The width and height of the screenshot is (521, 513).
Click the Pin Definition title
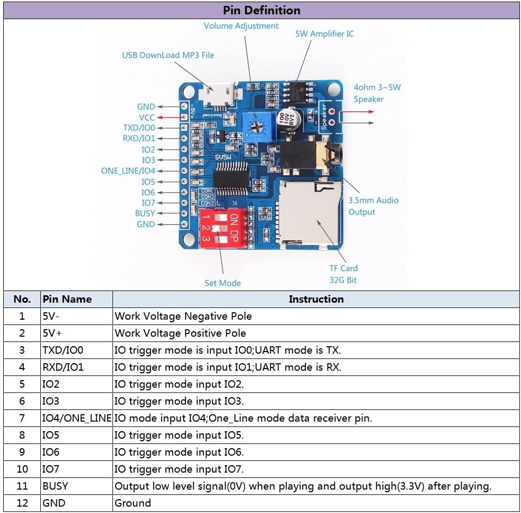pyautogui.click(x=261, y=10)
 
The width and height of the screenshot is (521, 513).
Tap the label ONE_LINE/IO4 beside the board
pyautogui.click(x=128, y=171)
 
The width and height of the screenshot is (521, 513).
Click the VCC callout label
pyautogui.click(x=146, y=117)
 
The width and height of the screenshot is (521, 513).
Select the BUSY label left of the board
pyautogui.click(x=145, y=213)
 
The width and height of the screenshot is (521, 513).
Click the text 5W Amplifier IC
pyautogui.click(x=324, y=33)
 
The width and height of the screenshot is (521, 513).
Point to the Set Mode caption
pyautogui.click(x=222, y=283)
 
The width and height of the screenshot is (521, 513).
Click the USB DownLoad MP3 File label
pyautogui.click(x=168, y=55)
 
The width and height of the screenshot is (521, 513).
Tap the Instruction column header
pyautogui.click(x=316, y=299)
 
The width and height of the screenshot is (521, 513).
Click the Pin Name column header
pyautogui.click(x=67, y=299)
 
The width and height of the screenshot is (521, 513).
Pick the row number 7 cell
pyautogui.click(x=22, y=418)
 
